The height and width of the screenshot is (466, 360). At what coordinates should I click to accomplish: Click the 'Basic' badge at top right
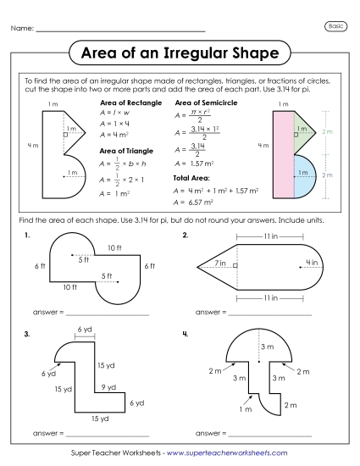pos(335,27)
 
